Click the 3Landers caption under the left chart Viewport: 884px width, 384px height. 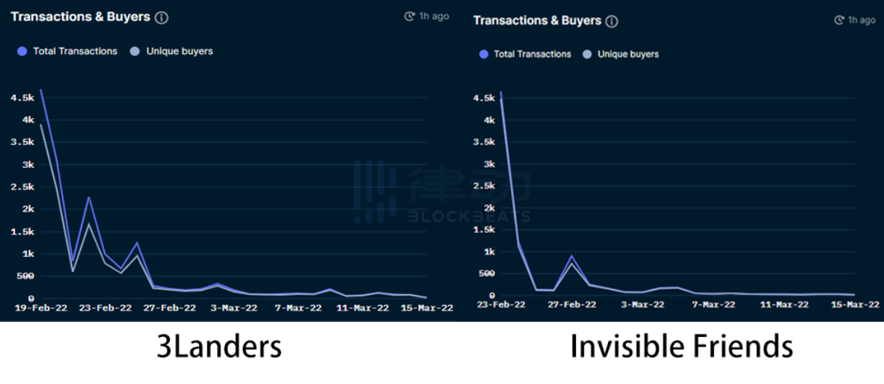pos(219,347)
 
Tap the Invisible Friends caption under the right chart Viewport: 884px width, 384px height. pos(681,347)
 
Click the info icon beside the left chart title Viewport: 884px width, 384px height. pos(162,17)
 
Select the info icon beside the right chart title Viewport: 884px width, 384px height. pos(612,22)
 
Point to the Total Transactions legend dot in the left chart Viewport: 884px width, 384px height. pos(22,52)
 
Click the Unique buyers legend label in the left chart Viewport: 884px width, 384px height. pos(179,52)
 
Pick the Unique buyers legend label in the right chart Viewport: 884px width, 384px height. pos(628,55)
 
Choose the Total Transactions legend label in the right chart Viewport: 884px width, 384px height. pos(532,55)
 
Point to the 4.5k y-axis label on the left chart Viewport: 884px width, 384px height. pos(22,99)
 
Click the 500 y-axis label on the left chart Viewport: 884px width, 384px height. pos(25,276)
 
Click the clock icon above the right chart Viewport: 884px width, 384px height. pos(839,21)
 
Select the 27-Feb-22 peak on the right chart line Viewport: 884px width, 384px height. pos(571,256)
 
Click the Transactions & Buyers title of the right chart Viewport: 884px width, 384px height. pos(537,21)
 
